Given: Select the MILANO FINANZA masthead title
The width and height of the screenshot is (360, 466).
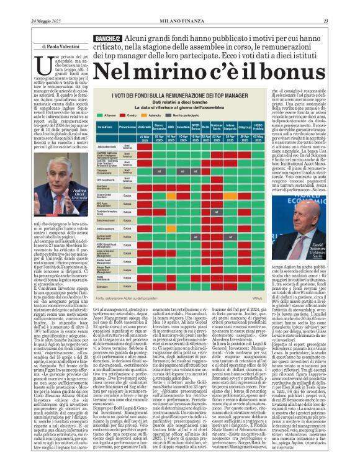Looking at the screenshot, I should pos(180,22).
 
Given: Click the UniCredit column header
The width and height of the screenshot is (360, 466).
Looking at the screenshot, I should pos(144,127).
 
